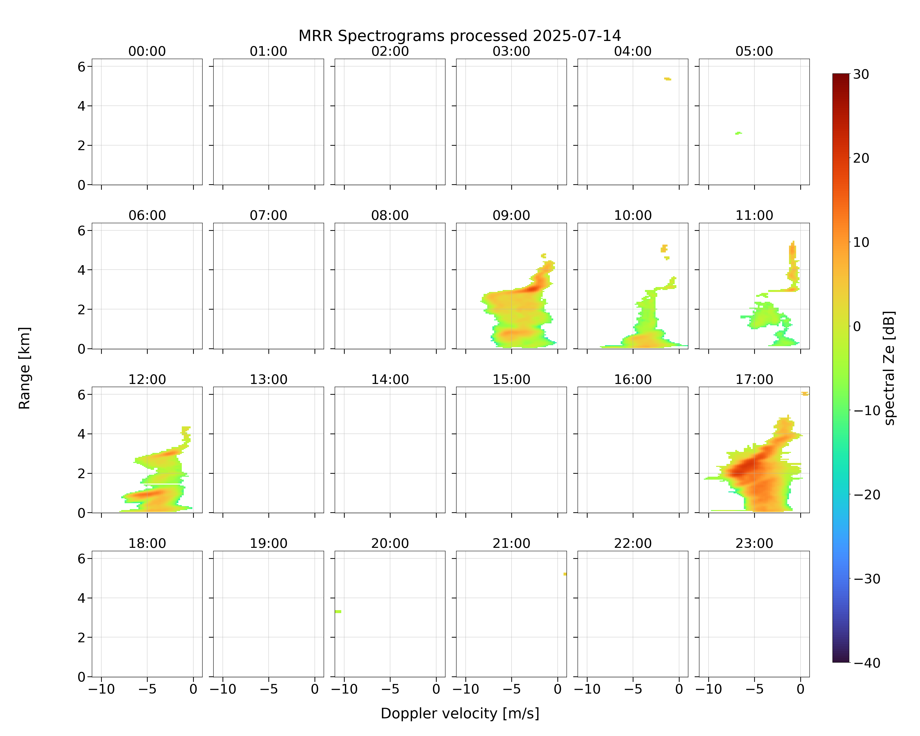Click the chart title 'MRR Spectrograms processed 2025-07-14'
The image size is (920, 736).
click(460, 36)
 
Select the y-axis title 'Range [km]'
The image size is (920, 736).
click(24, 368)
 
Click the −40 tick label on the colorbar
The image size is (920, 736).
click(866, 663)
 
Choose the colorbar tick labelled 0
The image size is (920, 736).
click(857, 326)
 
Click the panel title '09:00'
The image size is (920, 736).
click(511, 215)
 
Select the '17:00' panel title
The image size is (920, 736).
click(754, 379)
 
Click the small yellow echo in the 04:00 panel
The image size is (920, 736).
click(667, 79)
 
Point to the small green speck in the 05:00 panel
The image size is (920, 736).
click(739, 133)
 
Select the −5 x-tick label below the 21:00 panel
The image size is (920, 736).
click(511, 689)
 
